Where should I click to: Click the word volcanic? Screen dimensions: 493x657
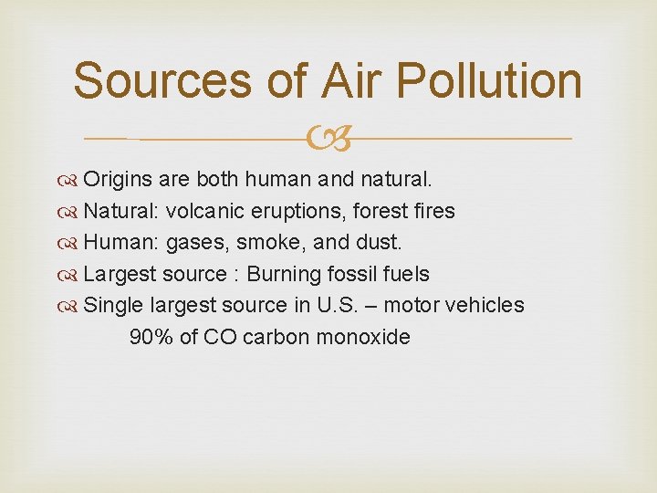(x=201, y=211)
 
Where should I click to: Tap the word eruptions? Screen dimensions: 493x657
(x=281, y=212)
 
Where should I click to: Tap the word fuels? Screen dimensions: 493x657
(x=406, y=274)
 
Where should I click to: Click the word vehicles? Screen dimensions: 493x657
(x=488, y=305)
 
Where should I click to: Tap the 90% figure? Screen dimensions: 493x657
(x=151, y=337)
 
